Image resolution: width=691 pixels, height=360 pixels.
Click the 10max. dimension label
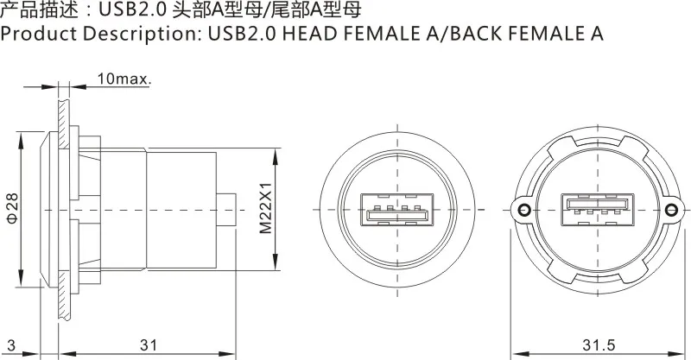point(124,79)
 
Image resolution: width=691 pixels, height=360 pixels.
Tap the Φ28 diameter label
point(12,207)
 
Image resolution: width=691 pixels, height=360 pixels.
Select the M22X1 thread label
point(265,208)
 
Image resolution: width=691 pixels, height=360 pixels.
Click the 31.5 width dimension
point(599,345)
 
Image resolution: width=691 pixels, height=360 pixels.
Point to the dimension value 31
point(149,345)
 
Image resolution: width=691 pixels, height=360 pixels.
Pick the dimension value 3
point(11,345)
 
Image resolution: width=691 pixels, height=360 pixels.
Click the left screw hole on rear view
point(523,210)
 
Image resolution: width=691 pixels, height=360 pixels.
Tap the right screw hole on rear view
point(671,210)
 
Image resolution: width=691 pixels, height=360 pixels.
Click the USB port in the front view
point(397,210)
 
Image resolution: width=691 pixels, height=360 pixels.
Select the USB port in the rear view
point(598,210)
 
